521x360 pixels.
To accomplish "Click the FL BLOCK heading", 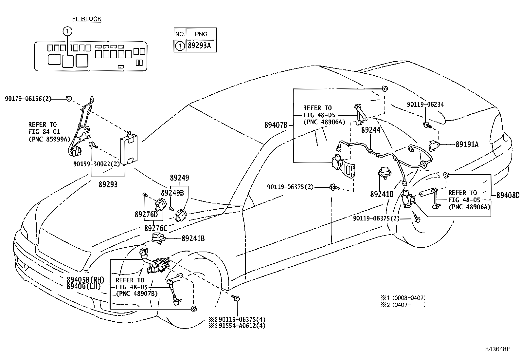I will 87,19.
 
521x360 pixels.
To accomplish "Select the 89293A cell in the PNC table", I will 199,46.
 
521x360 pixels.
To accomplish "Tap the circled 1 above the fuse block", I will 67,31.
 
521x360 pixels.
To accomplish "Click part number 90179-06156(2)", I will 28,98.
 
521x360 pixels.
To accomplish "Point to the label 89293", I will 108,185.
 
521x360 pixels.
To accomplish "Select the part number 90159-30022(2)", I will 97,164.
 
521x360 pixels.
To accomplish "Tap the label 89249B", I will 172,193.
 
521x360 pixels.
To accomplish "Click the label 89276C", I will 156,228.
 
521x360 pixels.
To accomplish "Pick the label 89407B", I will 276,125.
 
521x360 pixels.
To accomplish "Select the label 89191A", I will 467,144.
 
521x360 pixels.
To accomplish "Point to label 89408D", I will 508,196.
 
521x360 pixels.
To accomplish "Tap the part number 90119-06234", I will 425,104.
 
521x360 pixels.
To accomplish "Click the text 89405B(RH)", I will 85,280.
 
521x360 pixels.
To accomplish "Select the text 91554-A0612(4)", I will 242,326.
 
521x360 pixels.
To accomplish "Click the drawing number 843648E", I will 498,349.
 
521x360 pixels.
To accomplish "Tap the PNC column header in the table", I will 201,34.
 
